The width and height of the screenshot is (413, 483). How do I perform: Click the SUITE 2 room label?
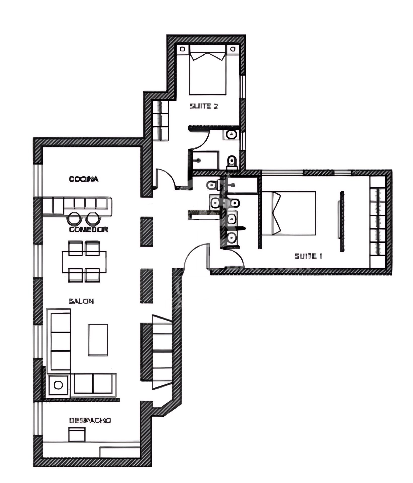[203, 106]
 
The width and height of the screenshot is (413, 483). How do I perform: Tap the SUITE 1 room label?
[308, 256]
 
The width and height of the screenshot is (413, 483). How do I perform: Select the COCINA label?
[84, 179]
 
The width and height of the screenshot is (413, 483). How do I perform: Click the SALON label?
[81, 301]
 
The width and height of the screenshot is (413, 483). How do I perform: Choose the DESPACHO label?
[90, 421]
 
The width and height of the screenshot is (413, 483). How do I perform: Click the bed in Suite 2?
[207, 73]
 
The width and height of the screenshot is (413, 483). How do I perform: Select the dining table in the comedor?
[84, 262]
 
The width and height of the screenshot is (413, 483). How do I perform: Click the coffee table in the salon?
[98, 340]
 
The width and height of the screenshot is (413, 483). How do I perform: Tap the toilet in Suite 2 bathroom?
[232, 162]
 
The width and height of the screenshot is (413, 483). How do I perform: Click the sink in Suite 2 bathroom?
[231, 135]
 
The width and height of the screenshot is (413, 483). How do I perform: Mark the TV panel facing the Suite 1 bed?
[342, 221]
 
